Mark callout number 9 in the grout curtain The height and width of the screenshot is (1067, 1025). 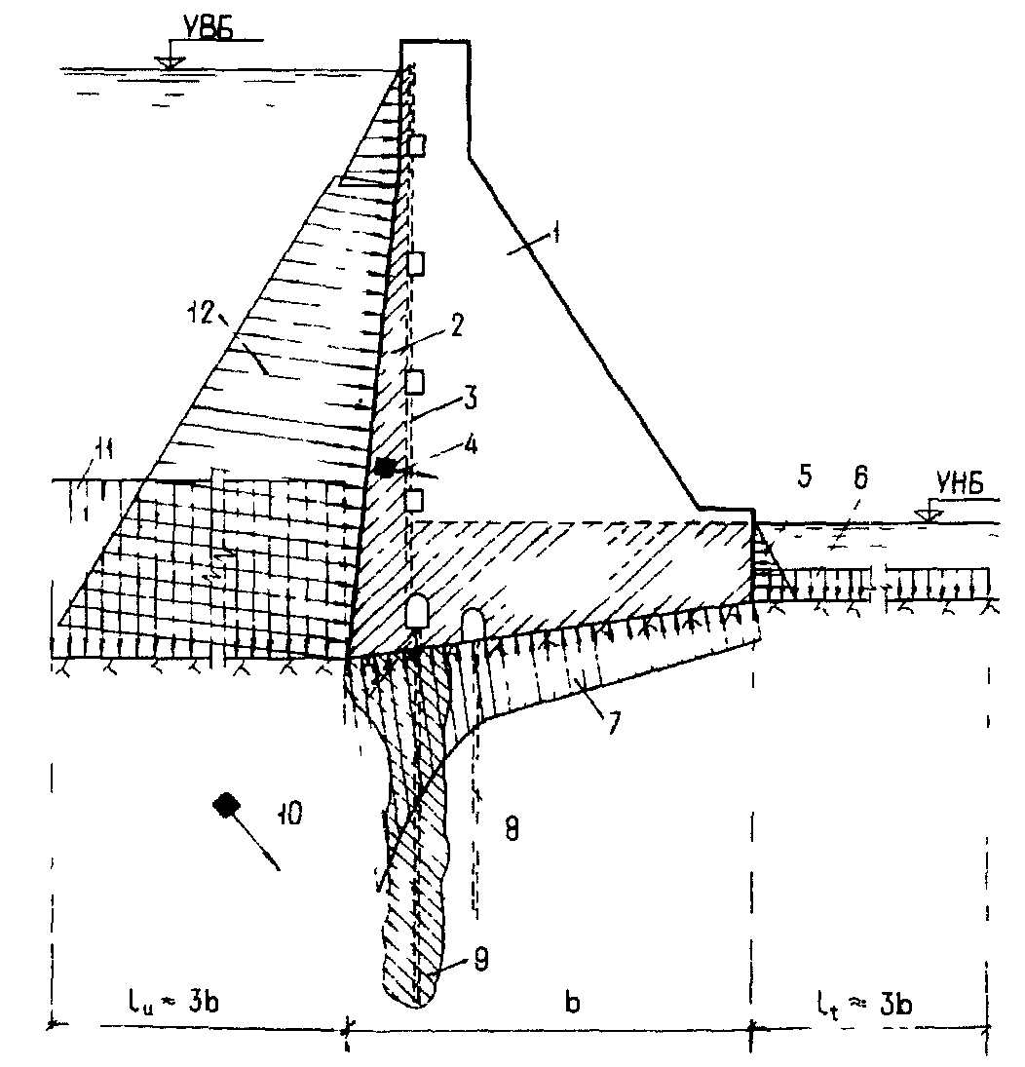456,960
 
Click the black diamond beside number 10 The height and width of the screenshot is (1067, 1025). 227,804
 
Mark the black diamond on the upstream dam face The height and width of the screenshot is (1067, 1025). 386,468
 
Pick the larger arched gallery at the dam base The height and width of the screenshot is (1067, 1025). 421,611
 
